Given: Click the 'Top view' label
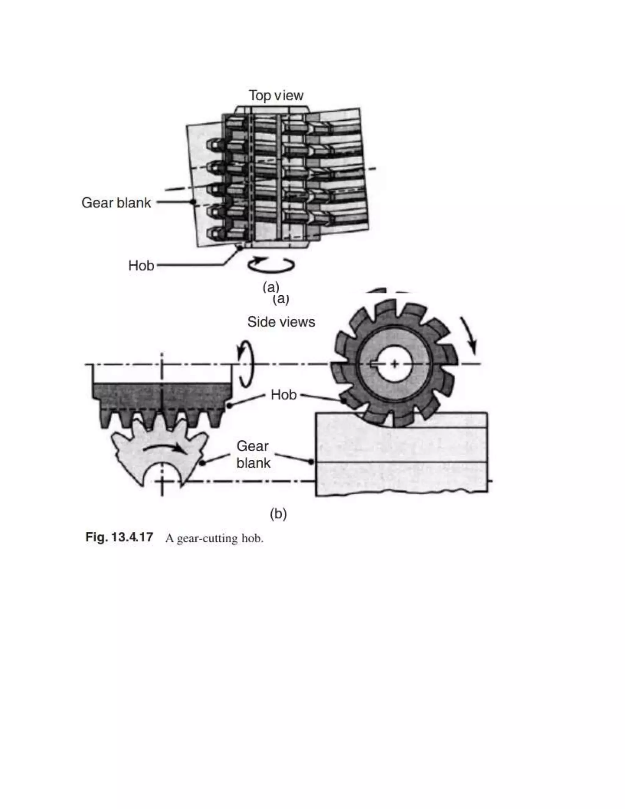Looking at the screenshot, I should (x=276, y=96).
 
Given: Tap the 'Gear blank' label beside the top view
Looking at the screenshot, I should (x=116, y=203).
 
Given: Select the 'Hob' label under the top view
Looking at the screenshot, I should (x=141, y=265).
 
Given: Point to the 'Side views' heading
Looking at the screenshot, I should (x=281, y=321).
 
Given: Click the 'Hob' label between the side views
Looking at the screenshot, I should (x=284, y=395).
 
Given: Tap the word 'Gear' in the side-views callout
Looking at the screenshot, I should (x=252, y=446).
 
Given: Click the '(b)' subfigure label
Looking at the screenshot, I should (x=278, y=514).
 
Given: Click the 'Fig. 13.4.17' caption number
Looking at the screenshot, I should (x=119, y=537).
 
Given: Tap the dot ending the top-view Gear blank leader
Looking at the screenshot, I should (x=193, y=202).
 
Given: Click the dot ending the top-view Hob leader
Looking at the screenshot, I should (x=240, y=248).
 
